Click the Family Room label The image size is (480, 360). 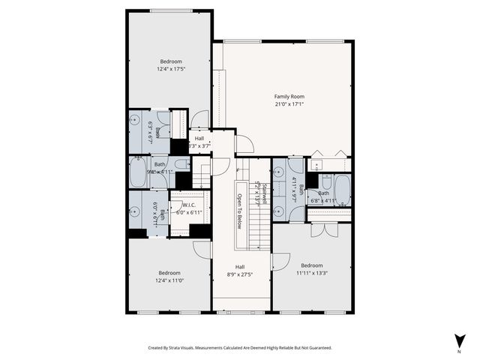[289, 97]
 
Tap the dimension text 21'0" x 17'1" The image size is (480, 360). [289, 105]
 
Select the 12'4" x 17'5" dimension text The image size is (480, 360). [170, 69]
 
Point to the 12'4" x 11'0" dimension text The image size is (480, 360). [169, 280]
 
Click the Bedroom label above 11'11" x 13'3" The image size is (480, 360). [311, 265]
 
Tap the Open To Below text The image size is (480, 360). [240, 211]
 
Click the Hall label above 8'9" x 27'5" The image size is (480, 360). [240, 267]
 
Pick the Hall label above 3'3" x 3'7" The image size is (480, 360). [199, 139]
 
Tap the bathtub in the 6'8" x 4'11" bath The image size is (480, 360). [342, 190]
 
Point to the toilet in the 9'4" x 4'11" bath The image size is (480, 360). [182, 165]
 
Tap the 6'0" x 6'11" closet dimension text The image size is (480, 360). [189, 212]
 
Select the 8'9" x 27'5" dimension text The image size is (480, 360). [240, 274]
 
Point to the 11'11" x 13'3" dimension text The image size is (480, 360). [311, 273]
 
